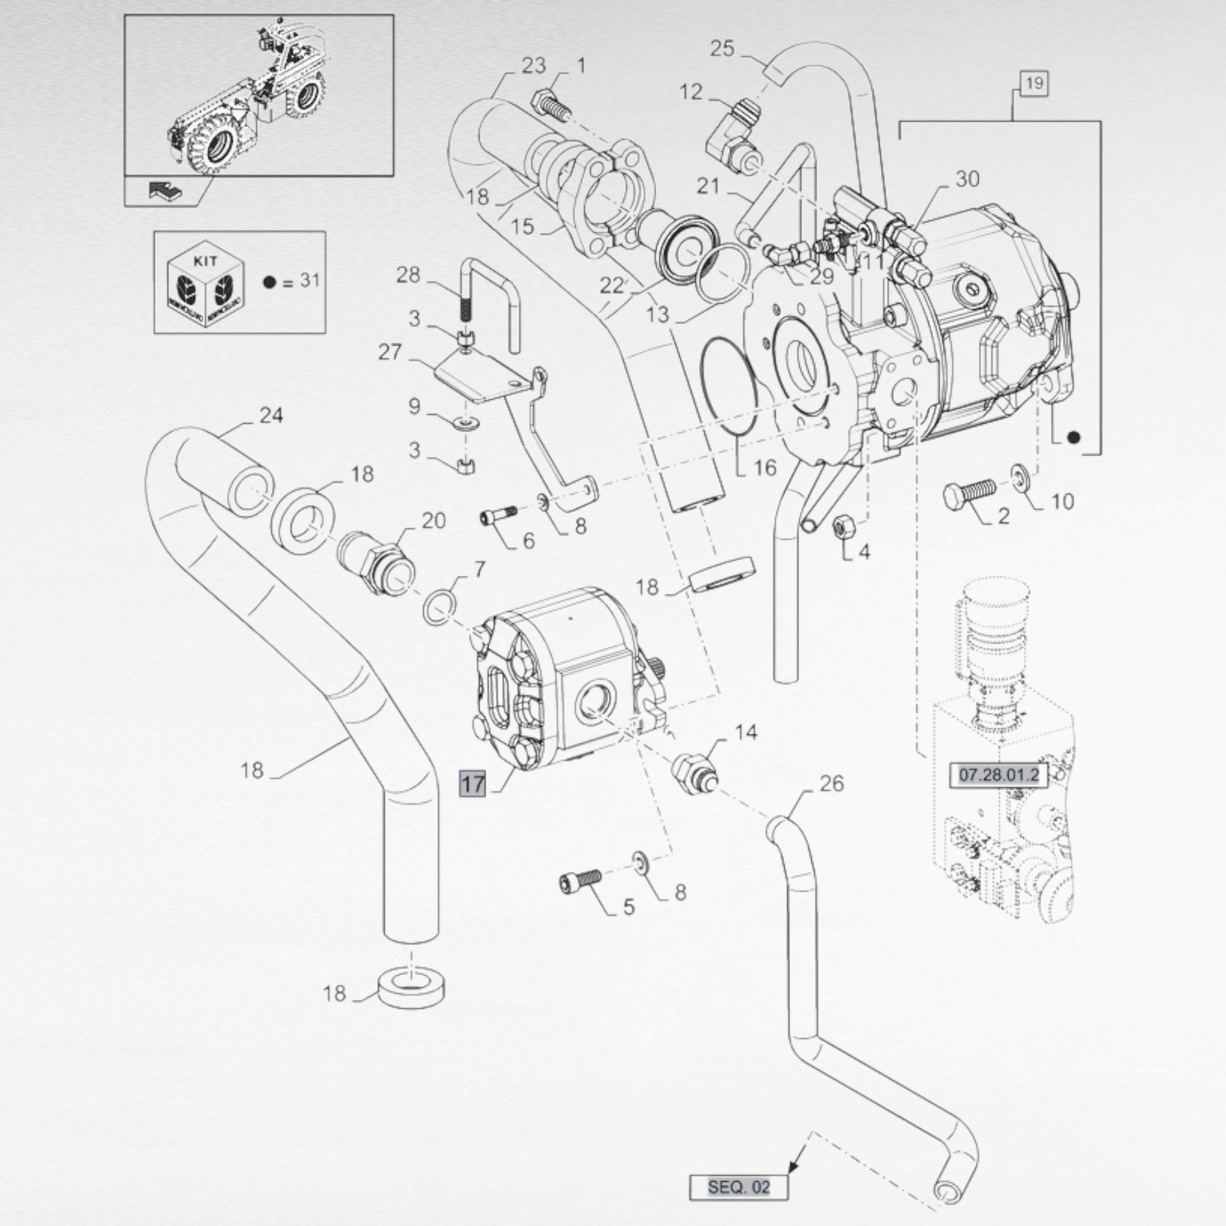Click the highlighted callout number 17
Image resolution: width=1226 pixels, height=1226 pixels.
coord(473,784)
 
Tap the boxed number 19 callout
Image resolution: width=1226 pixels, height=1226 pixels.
coord(1034,83)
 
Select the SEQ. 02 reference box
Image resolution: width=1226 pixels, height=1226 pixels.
coord(738,1187)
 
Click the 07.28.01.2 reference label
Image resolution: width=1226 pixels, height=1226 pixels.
coord(998,775)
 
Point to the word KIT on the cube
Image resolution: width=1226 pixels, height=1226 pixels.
coord(205,261)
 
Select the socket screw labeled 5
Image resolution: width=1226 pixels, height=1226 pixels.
coord(580,881)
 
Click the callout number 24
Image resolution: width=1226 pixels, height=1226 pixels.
coord(271,416)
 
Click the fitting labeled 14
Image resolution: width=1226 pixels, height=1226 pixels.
coord(695,772)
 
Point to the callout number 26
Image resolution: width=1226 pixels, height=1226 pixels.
coord(831,784)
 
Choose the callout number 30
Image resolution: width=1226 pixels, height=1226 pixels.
coord(967,180)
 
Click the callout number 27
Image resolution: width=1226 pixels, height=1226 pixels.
coord(390,352)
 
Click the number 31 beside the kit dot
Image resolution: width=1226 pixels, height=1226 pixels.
coord(310,280)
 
